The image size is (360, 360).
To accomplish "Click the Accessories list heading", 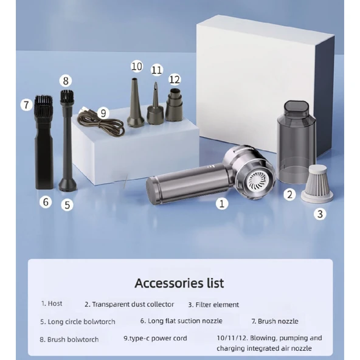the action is (x=179, y=283).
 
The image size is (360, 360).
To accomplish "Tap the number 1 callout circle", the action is (x=222, y=204).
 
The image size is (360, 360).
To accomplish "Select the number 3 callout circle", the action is (x=320, y=214).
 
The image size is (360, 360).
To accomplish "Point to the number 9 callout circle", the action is (x=103, y=113).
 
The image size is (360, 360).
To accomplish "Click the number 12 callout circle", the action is (x=175, y=80).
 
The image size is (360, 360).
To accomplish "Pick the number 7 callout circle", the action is (x=26, y=105).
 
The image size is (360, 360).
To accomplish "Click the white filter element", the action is (x=317, y=184).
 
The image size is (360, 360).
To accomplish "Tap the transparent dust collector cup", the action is (x=296, y=142).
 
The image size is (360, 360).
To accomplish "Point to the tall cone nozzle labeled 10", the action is (x=136, y=102).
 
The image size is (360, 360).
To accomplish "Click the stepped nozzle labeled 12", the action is (x=174, y=105).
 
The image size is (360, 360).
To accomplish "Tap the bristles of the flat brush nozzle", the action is (x=43, y=106).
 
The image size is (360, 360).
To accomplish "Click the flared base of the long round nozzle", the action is (x=68, y=184).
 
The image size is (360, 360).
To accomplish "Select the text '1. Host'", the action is (x=52, y=303).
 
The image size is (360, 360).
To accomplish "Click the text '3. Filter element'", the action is (x=213, y=305).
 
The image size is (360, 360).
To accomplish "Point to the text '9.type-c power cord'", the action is (x=155, y=338).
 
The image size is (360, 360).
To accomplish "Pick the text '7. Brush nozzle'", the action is (x=275, y=321).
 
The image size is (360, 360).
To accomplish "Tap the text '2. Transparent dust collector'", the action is (x=130, y=305).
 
